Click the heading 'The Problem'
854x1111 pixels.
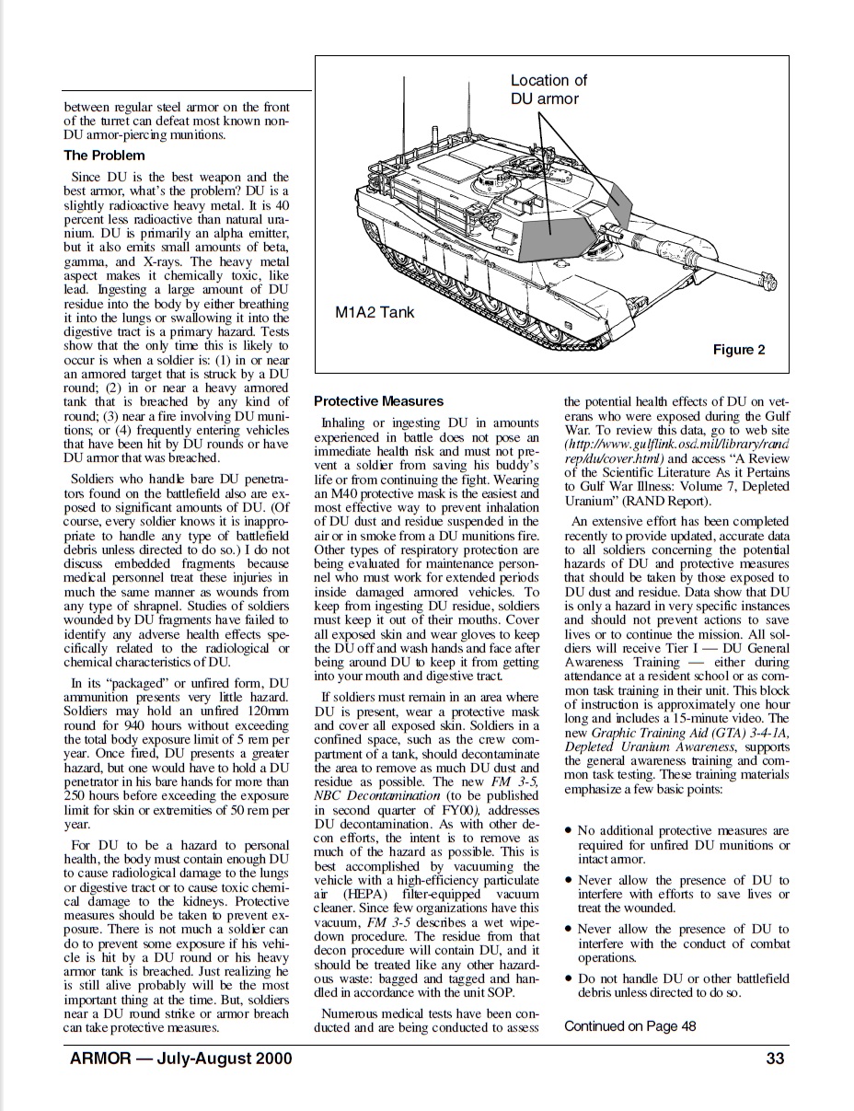(104, 156)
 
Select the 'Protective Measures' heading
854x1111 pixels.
(378, 401)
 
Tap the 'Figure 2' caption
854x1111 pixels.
(739, 350)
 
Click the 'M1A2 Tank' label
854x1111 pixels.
(375, 312)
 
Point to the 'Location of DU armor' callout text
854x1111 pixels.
(548, 89)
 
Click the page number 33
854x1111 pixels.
(775, 1059)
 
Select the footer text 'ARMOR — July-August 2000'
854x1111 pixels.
(180, 1059)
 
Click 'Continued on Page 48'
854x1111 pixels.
(629, 1026)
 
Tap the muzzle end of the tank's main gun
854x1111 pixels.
(766, 274)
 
